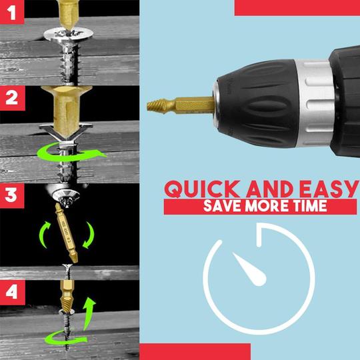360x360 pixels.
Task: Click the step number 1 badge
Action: click(x=12, y=12)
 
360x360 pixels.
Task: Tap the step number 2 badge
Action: click(x=12, y=98)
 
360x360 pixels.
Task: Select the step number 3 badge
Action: click(x=12, y=195)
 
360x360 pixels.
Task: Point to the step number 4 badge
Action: click(x=12, y=292)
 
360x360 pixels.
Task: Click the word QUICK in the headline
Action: click(x=202, y=189)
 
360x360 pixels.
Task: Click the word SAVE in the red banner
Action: click(x=223, y=206)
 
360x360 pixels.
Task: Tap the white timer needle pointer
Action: click(x=250, y=269)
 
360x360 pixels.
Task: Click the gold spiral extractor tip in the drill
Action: click(x=160, y=106)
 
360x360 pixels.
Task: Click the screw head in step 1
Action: click(x=69, y=35)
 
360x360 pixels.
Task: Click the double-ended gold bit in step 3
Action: click(x=66, y=233)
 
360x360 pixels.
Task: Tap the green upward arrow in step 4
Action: click(x=89, y=313)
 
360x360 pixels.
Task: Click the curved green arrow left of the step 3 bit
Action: click(x=44, y=235)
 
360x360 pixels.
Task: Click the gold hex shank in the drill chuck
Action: click(x=195, y=105)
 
